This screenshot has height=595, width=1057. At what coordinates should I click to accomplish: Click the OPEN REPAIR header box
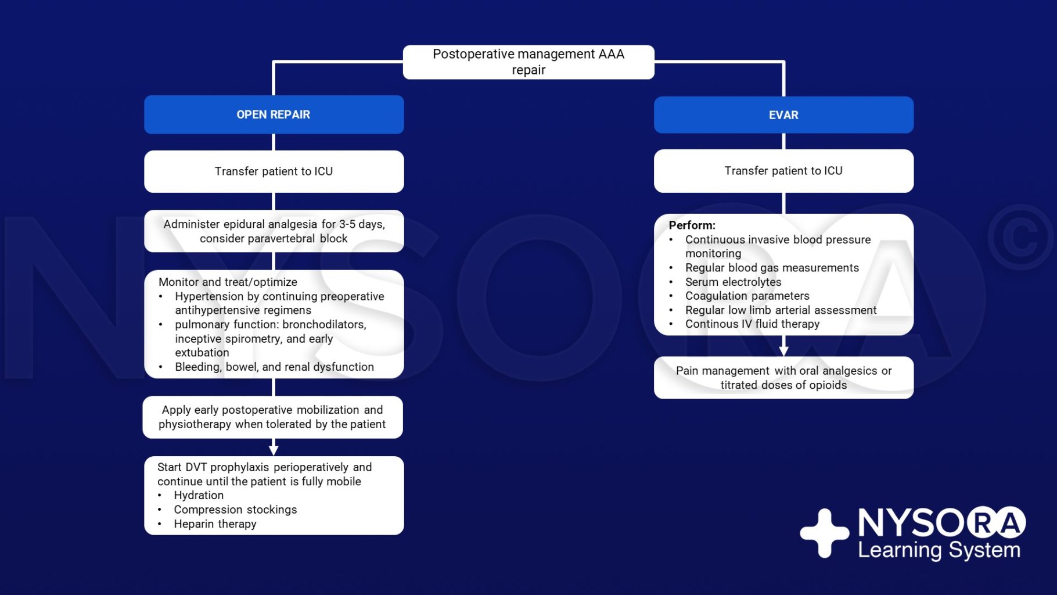(x=274, y=114)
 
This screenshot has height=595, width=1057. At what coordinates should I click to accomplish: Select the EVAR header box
(x=783, y=115)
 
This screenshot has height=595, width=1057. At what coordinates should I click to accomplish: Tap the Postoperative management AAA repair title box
(x=528, y=62)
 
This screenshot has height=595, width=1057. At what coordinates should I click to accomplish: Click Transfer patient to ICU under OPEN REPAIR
(x=274, y=171)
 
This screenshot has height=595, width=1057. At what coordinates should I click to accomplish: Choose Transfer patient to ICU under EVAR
(x=783, y=171)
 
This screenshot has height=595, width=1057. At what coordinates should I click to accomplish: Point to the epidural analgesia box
(x=274, y=231)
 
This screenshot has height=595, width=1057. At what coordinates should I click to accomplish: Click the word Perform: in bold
(x=692, y=225)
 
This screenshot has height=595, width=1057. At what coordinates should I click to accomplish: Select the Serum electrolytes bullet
(x=733, y=282)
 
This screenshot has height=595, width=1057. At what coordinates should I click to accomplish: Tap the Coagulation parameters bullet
(x=747, y=296)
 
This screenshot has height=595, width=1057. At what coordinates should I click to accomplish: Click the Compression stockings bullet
(x=235, y=510)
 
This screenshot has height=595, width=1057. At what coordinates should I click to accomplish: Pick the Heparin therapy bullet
(x=215, y=524)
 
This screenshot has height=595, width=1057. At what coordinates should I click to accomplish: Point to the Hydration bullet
(x=199, y=496)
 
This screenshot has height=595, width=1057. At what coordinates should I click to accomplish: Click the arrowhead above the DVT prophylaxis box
(x=274, y=450)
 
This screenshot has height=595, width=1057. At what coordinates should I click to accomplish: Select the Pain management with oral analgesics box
(x=783, y=378)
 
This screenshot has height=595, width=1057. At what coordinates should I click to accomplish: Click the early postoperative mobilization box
(x=272, y=417)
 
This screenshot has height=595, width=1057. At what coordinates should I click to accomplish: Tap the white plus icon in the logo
(x=824, y=533)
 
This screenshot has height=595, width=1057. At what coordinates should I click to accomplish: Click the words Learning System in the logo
(x=939, y=550)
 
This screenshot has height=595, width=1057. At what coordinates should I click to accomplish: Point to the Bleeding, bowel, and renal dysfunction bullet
(x=274, y=367)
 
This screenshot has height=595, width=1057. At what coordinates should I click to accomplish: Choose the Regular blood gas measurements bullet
(x=771, y=268)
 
